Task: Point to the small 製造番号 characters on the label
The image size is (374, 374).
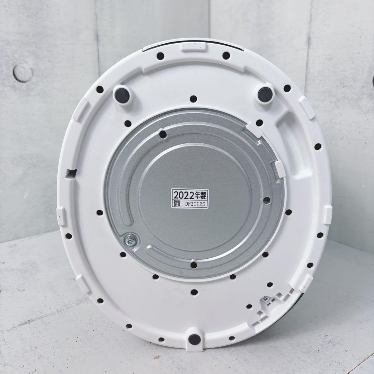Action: (177, 204)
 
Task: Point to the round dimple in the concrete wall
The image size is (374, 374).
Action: (23, 73)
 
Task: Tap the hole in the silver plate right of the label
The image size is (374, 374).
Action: (267, 200)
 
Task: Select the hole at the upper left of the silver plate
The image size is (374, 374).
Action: (163, 134)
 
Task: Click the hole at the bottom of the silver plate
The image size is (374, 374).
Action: (194, 265)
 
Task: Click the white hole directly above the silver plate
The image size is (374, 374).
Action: (193, 99)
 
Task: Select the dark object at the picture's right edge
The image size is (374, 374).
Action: (372, 81)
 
